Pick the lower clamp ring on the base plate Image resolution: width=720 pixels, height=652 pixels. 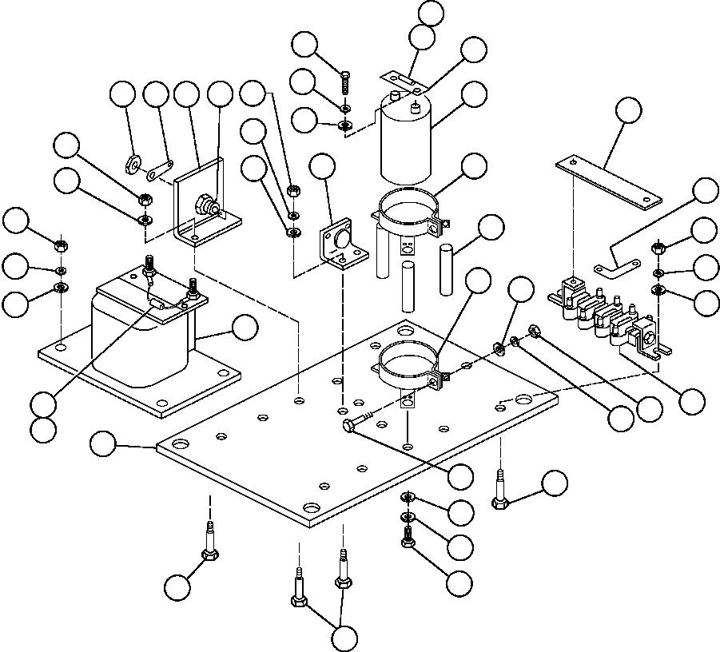[x=408, y=364]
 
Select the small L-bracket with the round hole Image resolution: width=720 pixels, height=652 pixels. [x=340, y=246]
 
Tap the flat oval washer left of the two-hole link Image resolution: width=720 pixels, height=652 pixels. [x=132, y=166]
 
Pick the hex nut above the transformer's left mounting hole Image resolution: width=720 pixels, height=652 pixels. [x=61, y=245]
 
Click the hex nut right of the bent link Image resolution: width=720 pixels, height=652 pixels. [x=658, y=248]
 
